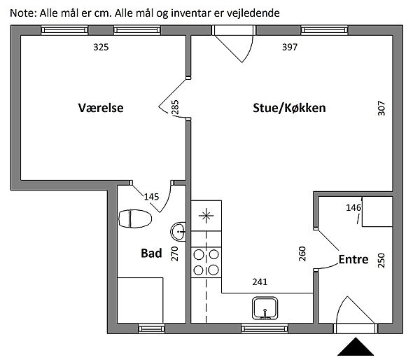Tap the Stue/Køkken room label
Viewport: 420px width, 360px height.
(x=289, y=109)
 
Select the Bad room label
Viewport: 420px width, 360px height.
(x=151, y=253)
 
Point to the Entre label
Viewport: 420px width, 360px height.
(x=353, y=259)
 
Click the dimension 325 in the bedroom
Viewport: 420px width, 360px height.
(x=101, y=48)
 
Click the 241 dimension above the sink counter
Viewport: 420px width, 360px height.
(x=260, y=283)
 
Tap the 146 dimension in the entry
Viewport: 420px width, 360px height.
(x=353, y=207)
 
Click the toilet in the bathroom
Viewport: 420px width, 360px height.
(x=135, y=219)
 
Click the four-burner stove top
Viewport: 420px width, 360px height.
(x=206, y=262)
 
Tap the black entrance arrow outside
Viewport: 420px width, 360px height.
(x=356, y=347)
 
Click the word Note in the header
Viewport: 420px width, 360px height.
(x=22, y=11)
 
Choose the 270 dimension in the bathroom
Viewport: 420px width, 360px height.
(x=175, y=253)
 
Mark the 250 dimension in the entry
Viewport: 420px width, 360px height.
(x=381, y=260)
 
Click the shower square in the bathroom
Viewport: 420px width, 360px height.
(x=140, y=300)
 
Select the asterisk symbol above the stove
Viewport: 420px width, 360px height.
(x=206, y=215)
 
